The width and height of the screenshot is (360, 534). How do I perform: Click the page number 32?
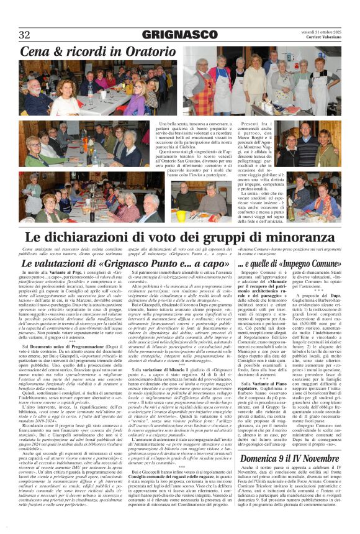[25, 34]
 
